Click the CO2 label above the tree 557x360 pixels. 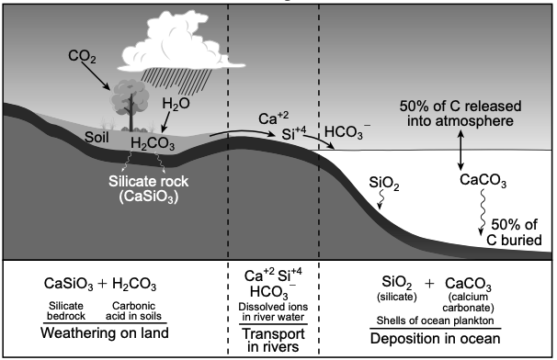[82, 56]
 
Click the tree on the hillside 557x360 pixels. [131, 106]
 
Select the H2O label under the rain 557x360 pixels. [176, 104]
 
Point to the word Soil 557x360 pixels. [97, 137]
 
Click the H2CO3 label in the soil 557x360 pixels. [153, 143]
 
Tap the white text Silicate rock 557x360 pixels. [149, 181]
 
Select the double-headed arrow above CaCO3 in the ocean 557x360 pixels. [460, 151]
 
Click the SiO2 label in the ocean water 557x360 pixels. [384, 183]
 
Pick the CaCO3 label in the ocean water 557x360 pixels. [483, 180]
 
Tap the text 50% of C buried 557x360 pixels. [514, 232]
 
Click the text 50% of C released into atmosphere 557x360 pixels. [460, 113]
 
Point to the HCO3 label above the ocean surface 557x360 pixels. [347, 131]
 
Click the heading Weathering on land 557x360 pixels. [105, 333]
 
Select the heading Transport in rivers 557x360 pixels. [273, 340]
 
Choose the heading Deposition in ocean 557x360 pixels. [435, 338]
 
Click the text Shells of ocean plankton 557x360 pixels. [435, 321]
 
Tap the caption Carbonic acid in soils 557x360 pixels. [133, 311]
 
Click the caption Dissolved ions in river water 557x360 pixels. [273, 311]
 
